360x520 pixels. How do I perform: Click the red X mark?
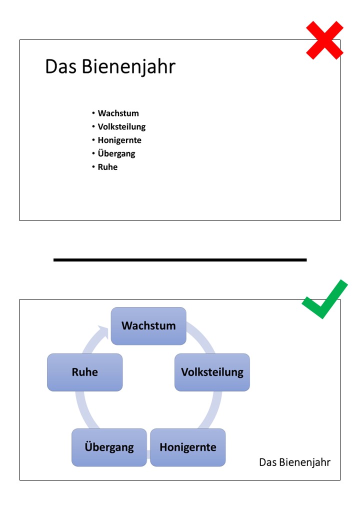click(x=324, y=40)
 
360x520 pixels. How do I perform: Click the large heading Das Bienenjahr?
click(x=110, y=66)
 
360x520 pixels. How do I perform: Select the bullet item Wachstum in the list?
click(x=118, y=113)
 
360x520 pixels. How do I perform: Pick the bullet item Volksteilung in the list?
click(x=121, y=127)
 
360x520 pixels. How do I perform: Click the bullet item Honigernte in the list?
click(x=119, y=140)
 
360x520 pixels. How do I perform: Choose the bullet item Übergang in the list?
click(x=116, y=153)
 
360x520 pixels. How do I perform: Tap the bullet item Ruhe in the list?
click(x=107, y=167)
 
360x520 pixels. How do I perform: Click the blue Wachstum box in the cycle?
click(x=148, y=326)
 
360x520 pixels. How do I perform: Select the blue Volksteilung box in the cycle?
click(x=212, y=372)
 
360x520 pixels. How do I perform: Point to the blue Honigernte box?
click(x=188, y=447)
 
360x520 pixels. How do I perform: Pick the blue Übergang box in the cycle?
click(x=109, y=447)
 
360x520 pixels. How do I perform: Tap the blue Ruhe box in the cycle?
click(x=85, y=372)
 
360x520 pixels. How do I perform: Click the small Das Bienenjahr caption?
click(x=294, y=462)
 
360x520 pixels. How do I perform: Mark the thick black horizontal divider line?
click(x=180, y=260)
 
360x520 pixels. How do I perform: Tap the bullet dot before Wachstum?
click(x=93, y=113)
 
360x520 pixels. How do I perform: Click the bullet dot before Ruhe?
click(x=93, y=167)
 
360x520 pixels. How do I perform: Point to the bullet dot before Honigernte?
click(x=93, y=140)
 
